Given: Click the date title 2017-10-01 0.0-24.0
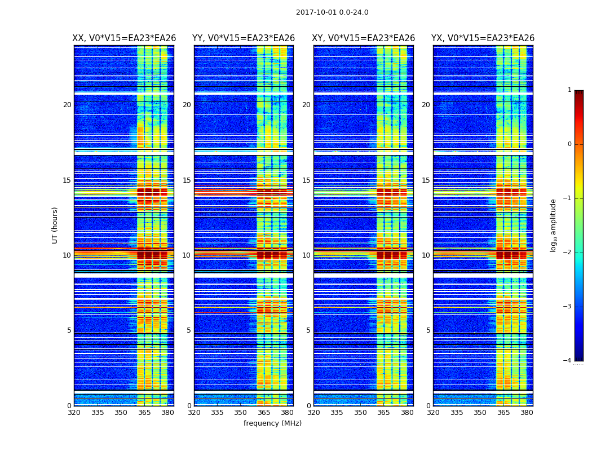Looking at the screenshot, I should tap(332, 12).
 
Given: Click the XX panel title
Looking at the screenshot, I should tap(124, 38).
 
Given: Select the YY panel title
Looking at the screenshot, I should tap(244, 38).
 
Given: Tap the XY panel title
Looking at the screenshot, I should tap(364, 38).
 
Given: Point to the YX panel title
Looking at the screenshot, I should tap(483, 38).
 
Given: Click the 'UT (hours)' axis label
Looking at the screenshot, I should tap(55, 225).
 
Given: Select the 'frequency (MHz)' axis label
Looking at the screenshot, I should tap(272, 423).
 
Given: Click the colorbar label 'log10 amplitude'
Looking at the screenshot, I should tap(554, 225).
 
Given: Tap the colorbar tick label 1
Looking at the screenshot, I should tap(569, 90).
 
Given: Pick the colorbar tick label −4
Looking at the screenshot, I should tap(568, 361).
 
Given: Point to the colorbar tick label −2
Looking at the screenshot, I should tap(568, 253).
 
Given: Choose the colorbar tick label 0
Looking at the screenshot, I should tap(569, 144).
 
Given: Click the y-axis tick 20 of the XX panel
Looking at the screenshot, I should tap(67, 105).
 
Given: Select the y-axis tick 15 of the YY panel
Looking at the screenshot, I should tap(187, 180).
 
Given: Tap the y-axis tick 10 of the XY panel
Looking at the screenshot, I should tap(306, 255).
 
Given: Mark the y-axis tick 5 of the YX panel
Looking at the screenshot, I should tap(428, 330).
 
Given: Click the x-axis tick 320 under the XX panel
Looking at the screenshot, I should tap(74, 413).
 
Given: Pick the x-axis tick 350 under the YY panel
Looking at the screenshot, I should tap(241, 413).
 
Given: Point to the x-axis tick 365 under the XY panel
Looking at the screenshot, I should tap(384, 413).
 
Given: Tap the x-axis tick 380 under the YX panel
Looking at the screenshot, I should tap(527, 413).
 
